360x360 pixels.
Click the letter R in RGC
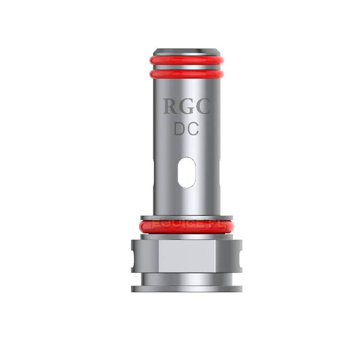170,107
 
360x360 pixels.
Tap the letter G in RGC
186,107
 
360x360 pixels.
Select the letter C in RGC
202,107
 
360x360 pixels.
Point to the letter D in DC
181,129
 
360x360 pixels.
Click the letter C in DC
193,129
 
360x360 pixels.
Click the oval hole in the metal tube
187,172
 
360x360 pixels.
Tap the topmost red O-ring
187,60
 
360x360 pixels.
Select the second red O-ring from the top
187,74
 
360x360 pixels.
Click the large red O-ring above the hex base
187,226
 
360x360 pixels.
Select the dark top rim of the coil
187,51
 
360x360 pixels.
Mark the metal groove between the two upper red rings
187,67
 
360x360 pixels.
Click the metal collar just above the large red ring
187,217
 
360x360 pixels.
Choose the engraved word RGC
186,107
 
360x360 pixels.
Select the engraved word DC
187,129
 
